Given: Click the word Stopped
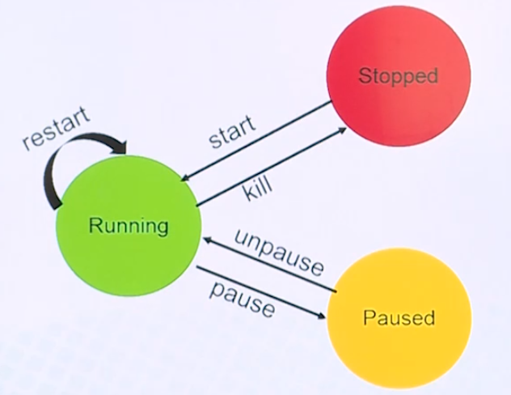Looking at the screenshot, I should pos(398,76).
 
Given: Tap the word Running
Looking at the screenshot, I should pos(129,225).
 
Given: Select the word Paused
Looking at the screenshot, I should pos(399,316).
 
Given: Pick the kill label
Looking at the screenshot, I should pos(258,190).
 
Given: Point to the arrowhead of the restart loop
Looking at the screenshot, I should pos(121,147).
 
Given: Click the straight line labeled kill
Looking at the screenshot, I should pos(267,166).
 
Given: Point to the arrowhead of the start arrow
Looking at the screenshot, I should pos(186,177).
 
